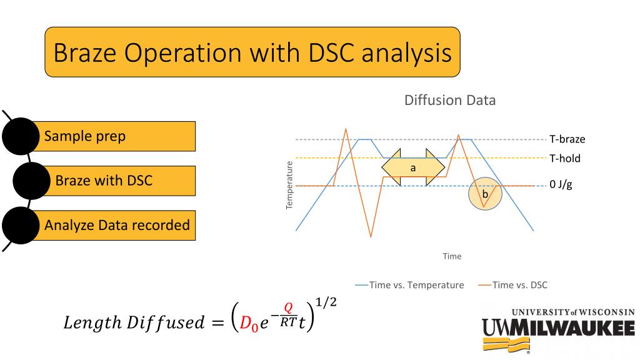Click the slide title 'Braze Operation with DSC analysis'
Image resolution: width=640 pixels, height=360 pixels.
pyautogui.click(x=252, y=52)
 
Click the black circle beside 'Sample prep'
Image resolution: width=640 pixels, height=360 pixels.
pyautogui.click(x=21, y=136)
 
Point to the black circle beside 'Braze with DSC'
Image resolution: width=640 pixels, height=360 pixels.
pyautogui.click(x=32, y=181)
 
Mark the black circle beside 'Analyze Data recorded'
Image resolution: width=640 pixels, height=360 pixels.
pyautogui.click(x=21, y=225)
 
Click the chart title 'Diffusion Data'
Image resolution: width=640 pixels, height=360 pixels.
pyautogui.click(x=449, y=100)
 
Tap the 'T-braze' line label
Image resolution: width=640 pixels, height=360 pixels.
pyautogui.click(x=567, y=139)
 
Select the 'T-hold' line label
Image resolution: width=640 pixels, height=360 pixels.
pyautogui.click(x=565, y=158)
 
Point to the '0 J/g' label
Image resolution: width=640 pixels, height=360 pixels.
pyautogui.click(x=561, y=186)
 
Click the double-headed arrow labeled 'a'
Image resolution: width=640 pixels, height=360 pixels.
pyautogui.click(x=413, y=167)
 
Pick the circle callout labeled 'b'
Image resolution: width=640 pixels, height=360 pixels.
pyautogui.click(x=485, y=194)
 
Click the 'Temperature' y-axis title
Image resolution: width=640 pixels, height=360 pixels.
pyautogui.click(x=289, y=185)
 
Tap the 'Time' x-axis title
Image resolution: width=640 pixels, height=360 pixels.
pyautogui.click(x=451, y=256)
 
